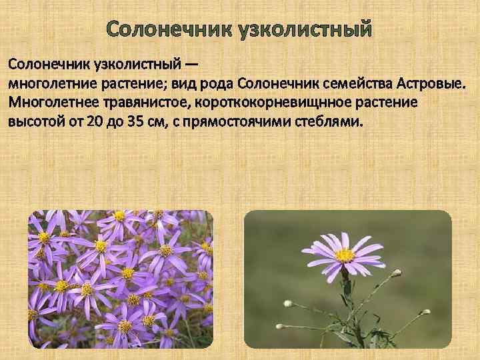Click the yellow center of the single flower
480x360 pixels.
click(x=345, y=255)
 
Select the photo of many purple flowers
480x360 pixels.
click(x=121, y=279)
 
